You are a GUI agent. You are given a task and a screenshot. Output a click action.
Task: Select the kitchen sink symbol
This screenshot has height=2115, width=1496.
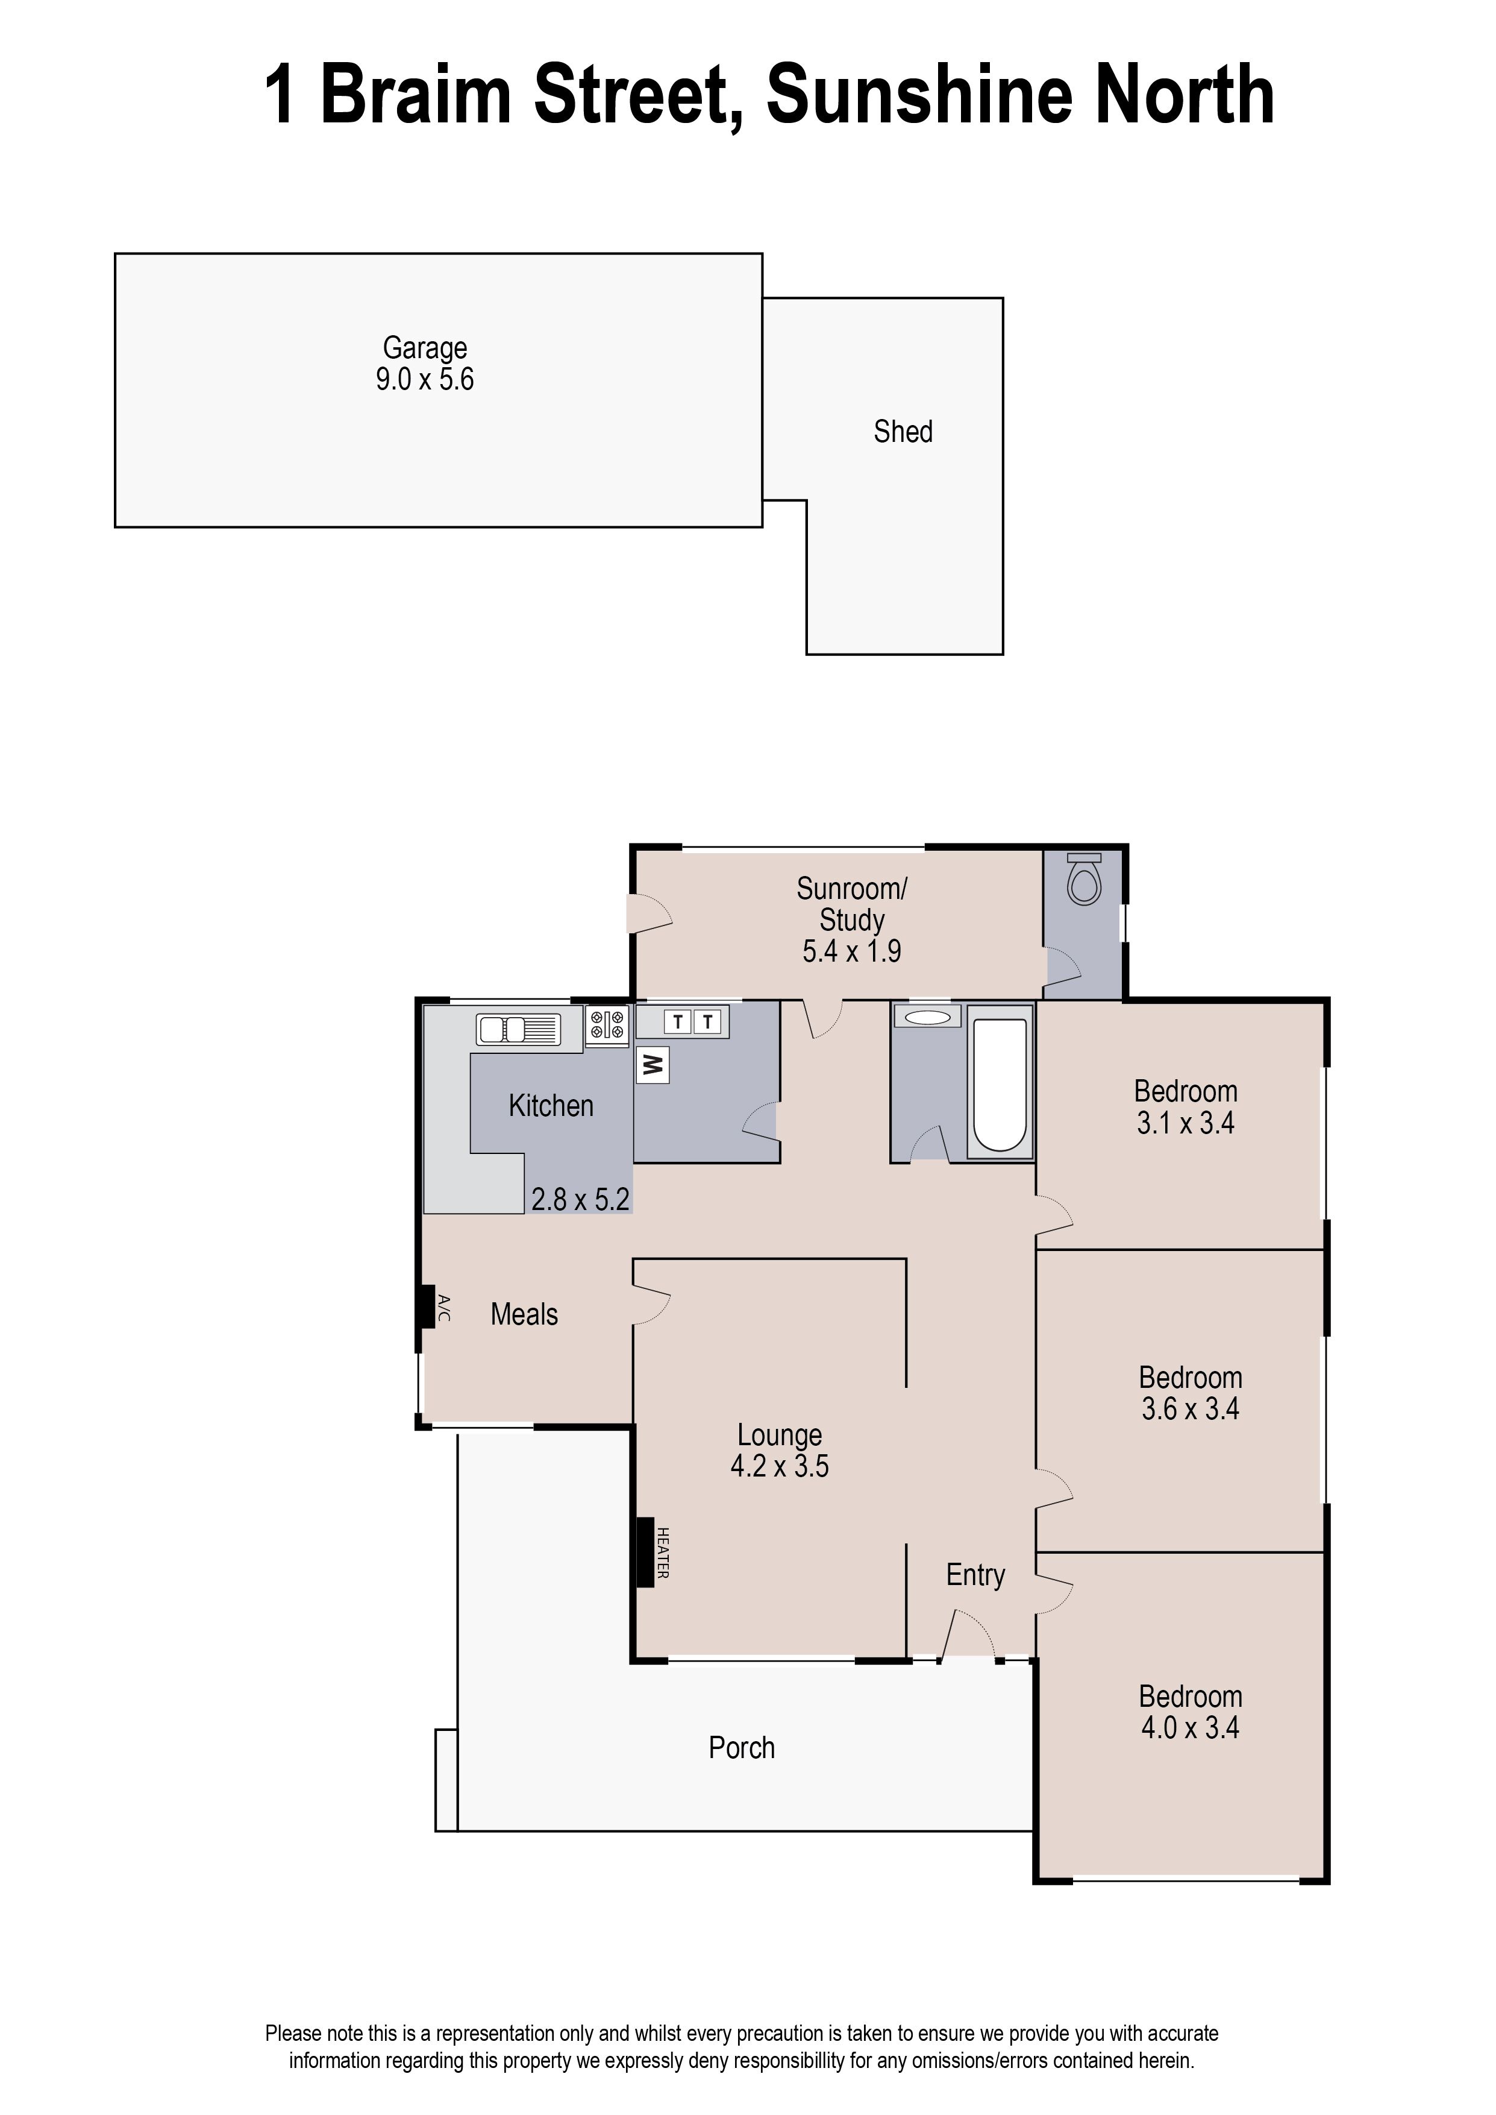(518, 1029)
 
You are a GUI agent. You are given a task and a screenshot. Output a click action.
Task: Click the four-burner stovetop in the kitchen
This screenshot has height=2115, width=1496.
(607, 1026)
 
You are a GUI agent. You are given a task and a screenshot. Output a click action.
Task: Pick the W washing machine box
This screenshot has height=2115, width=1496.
(652, 1067)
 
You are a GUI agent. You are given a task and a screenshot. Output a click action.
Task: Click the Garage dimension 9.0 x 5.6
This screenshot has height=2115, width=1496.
(425, 380)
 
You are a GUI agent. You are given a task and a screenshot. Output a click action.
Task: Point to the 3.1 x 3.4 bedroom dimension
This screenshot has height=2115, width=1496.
(1186, 1123)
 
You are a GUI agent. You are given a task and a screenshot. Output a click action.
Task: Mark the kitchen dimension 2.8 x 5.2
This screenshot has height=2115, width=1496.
(580, 1199)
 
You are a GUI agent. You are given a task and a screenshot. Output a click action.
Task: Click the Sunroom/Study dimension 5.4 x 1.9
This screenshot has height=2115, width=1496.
(851, 951)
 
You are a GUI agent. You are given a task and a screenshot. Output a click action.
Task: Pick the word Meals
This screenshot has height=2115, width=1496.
(524, 1314)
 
